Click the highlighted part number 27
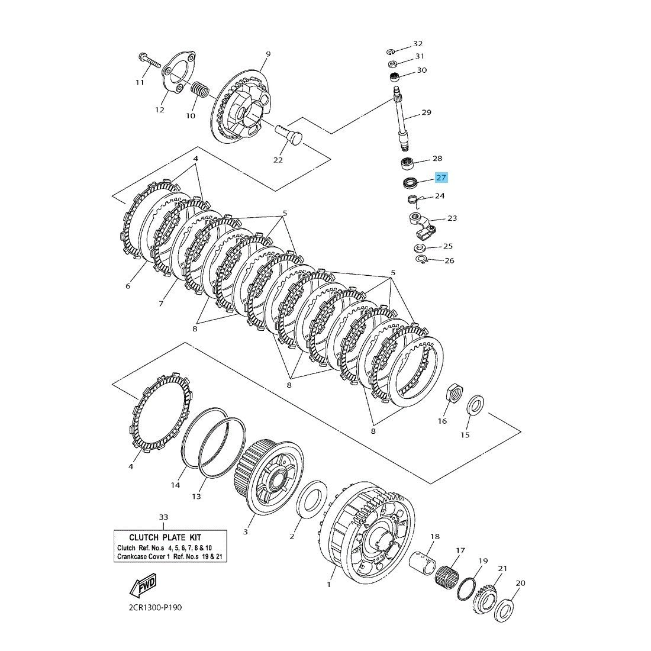pyautogui.click(x=441, y=178)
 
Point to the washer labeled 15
pyautogui.click(x=475, y=407)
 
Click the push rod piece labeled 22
pyautogui.click(x=289, y=133)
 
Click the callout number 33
pyautogui.click(x=164, y=517)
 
